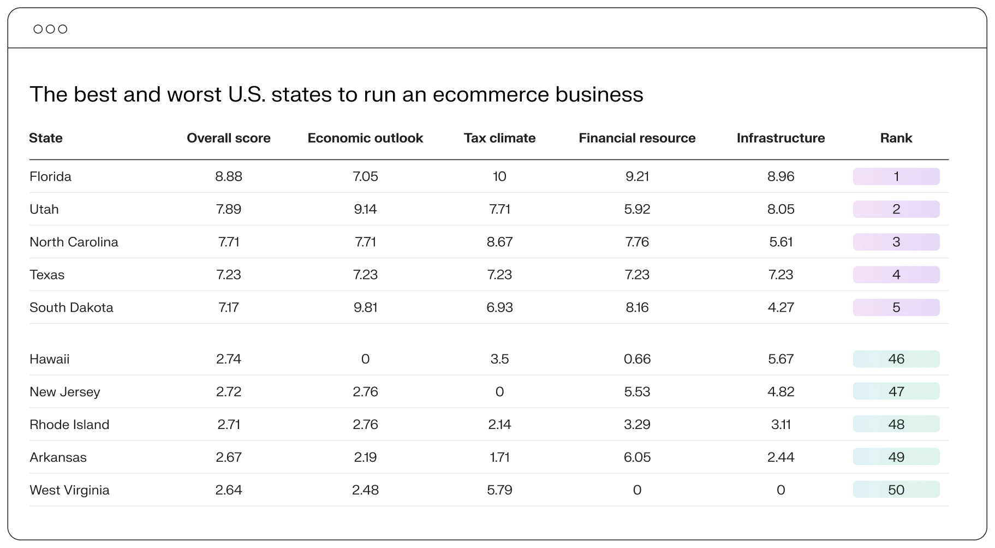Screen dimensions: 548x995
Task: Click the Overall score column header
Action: pyautogui.click(x=228, y=138)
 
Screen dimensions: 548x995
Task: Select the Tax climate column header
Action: pyautogui.click(x=499, y=138)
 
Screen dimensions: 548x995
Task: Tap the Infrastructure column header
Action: pyautogui.click(x=780, y=138)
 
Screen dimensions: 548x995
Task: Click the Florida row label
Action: pyautogui.click(x=50, y=176)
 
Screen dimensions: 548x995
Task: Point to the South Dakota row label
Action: pyautogui.click(x=72, y=307)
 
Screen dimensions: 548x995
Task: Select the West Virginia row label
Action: pyautogui.click(x=69, y=490)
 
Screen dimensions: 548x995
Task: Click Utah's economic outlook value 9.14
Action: pyautogui.click(x=365, y=209)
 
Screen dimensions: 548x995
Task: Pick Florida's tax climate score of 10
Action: pyautogui.click(x=499, y=176)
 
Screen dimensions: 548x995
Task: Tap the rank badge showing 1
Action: pyautogui.click(x=896, y=176)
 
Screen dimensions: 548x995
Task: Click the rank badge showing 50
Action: pyautogui.click(x=896, y=490)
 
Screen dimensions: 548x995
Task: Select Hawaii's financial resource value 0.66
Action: pyautogui.click(x=637, y=359)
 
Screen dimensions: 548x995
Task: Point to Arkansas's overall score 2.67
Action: pyautogui.click(x=228, y=457)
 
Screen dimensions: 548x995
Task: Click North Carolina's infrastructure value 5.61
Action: pyautogui.click(x=780, y=242)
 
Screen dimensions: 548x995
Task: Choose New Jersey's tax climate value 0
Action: pyautogui.click(x=499, y=391)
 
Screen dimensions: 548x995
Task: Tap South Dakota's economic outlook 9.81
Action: pyautogui.click(x=365, y=307)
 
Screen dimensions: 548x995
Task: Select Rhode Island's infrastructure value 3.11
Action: pyautogui.click(x=780, y=424)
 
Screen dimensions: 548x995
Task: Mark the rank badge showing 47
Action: pyautogui.click(x=896, y=391)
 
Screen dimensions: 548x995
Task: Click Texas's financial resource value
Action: pyautogui.click(x=637, y=275)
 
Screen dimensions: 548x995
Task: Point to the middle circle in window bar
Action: pyautogui.click(x=50, y=29)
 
